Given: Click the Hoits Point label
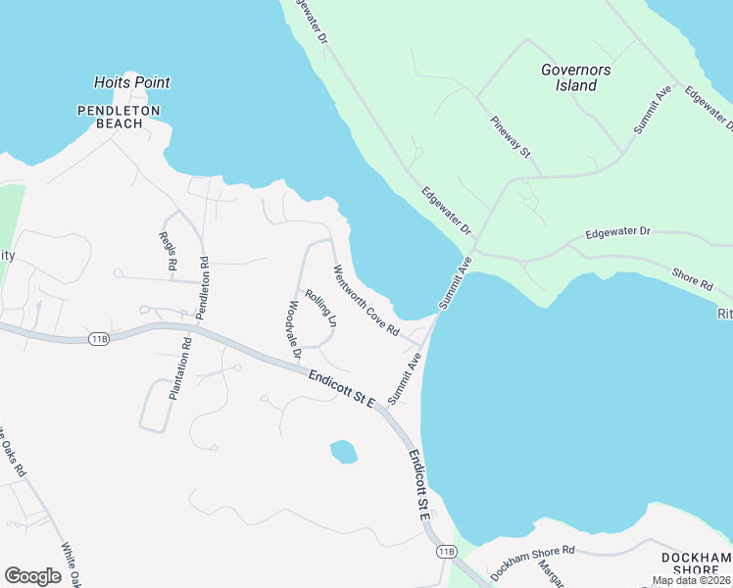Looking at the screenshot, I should click(x=131, y=83).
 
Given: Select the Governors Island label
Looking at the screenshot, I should click(x=576, y=77).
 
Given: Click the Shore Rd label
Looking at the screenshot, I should click(x=692, y=279).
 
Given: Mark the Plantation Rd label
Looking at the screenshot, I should click(x=180, y=368).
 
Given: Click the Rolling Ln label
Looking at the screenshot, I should click(x=320, y=307).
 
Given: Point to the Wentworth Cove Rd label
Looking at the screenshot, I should click(x=366, y=301).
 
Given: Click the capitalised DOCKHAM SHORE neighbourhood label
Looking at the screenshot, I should click(x=696, y=564).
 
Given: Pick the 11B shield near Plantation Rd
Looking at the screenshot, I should click(x=98, y=339).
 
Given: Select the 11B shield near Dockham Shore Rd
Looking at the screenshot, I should click(x=447, y=552).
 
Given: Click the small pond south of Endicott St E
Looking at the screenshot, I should click(x=343, y=452).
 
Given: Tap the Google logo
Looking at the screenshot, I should click(x=32, y=576).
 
